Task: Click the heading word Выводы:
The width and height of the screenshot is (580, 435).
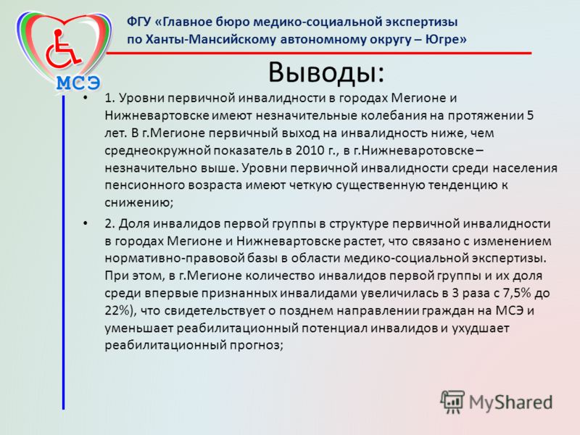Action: tap(326, 73)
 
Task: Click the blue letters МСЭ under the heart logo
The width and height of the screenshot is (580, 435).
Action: tap(78, 83)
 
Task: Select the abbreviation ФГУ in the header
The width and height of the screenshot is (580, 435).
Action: tap(138, 22)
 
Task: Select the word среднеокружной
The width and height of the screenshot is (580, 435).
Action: tap(158, 151)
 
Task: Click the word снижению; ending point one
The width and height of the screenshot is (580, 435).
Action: tap(139, 203)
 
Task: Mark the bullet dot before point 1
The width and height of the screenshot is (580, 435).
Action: tap(86, 98)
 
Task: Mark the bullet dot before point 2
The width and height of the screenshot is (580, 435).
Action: tap(86, 223)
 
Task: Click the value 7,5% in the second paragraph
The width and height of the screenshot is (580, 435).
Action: tap(517, 293)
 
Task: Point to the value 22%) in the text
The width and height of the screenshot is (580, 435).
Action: tap(118, 310)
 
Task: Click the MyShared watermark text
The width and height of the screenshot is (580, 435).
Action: tap(511, 402)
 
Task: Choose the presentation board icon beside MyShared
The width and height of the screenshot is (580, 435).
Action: tap(452, 402)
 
